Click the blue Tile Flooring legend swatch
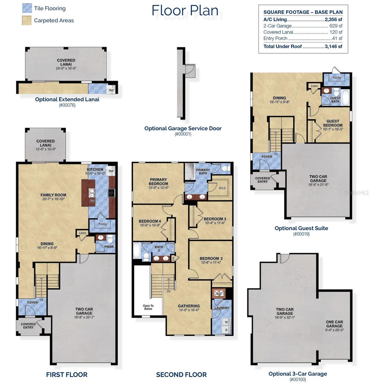(27, 8)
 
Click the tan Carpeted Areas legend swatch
(27, 21)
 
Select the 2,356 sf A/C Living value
(333, 20)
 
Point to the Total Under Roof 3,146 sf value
(334, 47)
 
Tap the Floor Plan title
(185, 10)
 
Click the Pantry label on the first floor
(103, 224)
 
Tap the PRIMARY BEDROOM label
(158, 182)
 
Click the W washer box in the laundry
(226, 322)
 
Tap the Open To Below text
(148, 307)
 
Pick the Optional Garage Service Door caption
(183, 128)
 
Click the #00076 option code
(67, 105)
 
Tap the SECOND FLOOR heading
(181, 374)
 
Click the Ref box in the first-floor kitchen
(111, 171)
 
